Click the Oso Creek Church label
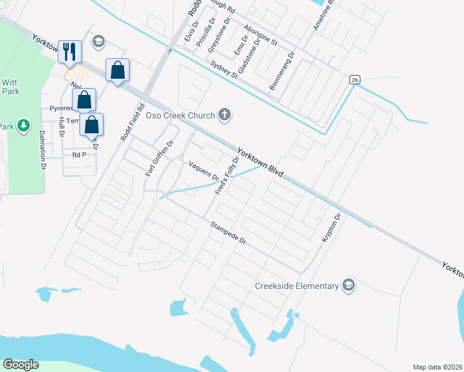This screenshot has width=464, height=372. pyautogui.click(x=180, y=115)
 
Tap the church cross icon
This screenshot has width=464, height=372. pyautogui.click(x=225, y=115)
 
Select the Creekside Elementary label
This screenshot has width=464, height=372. pyautogui.click(x=297, y=286)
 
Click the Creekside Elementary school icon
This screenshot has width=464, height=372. pyautogui.click(x=349, y=285)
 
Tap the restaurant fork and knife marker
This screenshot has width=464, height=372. pyautogui.click(x=69, y=52)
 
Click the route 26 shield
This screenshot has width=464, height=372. pyautogui.click(x=354, y=79)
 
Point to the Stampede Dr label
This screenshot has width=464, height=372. pyautogui.click(x=228, y=232)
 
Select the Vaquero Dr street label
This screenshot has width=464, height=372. pyautogui.click(x=204, y=170)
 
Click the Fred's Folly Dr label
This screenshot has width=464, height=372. pyautogui.click(x=227, y=175)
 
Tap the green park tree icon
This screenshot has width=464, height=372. pyautogui.click(x=24, y=126)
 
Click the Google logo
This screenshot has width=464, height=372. pyautogui.click(x=20, y=365)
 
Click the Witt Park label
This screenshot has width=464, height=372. pyautogui.click(x=11, y=86)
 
